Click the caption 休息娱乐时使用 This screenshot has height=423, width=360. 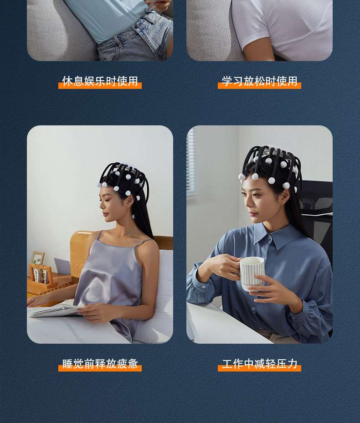coord(100,81)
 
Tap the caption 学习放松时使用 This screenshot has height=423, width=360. coord(259,81)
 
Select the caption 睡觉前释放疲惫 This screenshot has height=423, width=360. coord(100,364)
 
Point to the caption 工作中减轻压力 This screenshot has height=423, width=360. coord(259,364)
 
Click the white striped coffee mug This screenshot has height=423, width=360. coord(252,273)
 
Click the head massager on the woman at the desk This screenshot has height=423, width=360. coord(271,167)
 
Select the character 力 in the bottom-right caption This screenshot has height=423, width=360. coord(292,364)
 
